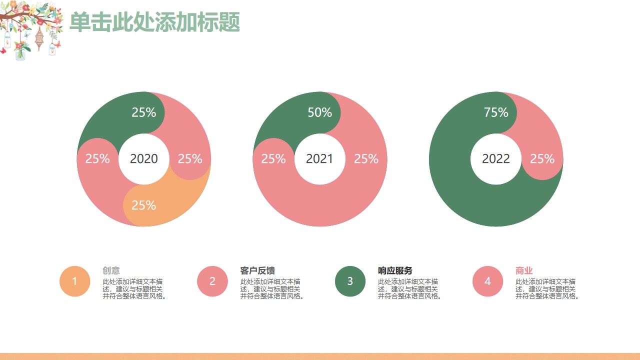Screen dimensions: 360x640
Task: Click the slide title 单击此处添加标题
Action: (x=154, y=22)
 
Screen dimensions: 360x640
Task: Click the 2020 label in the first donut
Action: (x=144, y=158)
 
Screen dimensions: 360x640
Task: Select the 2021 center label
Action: (x=319, y=158)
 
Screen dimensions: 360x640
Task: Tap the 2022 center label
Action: (x=496, y=158)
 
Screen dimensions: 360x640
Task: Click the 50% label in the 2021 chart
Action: (x=319, y=112)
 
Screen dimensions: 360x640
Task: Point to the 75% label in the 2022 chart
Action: (x=496, y=112)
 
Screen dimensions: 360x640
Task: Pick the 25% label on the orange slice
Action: (x=144, y=205)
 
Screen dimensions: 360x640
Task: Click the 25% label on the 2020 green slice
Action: (x=144, y=112)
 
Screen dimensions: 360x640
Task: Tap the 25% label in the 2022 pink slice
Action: (x=542, y=158)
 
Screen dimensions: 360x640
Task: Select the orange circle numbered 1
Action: (x=74, y=281)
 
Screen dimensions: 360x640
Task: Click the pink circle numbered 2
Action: (x=212, y=281)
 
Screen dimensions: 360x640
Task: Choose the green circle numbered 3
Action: (x=350, y=281)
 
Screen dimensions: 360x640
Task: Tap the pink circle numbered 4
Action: (x=487, y=281)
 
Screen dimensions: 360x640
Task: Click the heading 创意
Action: (x=111, y=270)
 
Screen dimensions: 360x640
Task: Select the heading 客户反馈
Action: (x=257, y=270)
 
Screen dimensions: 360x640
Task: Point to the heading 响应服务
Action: (x=395, y=270)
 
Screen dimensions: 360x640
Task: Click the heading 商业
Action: (x=524, y=270)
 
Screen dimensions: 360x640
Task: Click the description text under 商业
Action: (x=547, y=289)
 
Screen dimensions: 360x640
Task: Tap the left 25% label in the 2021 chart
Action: (x=273, y=158)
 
